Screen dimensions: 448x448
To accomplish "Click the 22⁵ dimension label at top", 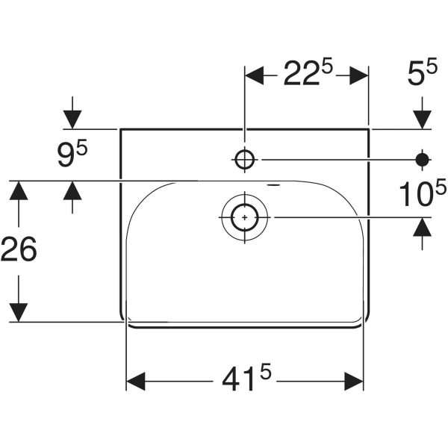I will tap(307, 75).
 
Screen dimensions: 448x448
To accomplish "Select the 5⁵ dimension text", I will tap(422, 75).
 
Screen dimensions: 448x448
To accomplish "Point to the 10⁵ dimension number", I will tap(416, 195).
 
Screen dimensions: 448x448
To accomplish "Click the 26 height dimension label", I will tap(18, 250).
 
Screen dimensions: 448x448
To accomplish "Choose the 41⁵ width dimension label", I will tap(244, 382).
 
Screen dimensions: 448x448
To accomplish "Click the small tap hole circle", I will tap(245, 158).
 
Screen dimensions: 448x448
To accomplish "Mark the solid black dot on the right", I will tap(423, 158).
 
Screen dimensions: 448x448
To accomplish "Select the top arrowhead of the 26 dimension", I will tap(18, 190).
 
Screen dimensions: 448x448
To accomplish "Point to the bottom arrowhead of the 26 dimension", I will tap(18, 312).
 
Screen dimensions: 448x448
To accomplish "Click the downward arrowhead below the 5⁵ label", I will tap(423, 118).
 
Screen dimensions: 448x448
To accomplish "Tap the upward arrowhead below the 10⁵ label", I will tap(423, 227).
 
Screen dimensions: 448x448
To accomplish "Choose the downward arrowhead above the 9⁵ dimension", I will tap(72, 118).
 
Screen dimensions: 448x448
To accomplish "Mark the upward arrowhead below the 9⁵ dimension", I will tap(72, 191).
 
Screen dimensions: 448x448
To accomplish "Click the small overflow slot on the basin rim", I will tap(274, 183).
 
